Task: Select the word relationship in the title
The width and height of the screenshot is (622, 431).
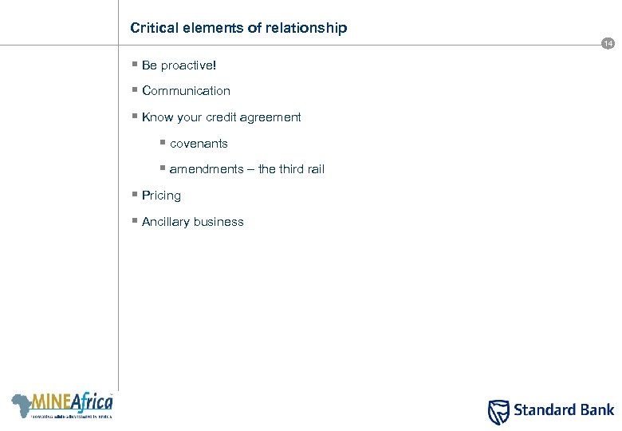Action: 307,28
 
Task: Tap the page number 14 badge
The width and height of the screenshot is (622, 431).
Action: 608,44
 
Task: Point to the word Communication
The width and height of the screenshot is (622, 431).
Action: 186,91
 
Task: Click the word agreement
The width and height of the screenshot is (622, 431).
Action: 272,117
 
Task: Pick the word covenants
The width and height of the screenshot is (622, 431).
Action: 199,144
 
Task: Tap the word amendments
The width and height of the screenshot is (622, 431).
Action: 203,169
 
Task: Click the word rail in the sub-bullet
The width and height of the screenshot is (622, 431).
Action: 314,169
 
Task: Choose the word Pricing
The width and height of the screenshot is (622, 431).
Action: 161,196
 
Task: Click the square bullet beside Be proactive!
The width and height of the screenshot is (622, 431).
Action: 135,65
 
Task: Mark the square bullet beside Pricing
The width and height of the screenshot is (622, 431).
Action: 135,195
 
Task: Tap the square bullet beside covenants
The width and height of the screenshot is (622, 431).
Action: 163,142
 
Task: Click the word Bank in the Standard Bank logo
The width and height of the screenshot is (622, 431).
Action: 596,410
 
